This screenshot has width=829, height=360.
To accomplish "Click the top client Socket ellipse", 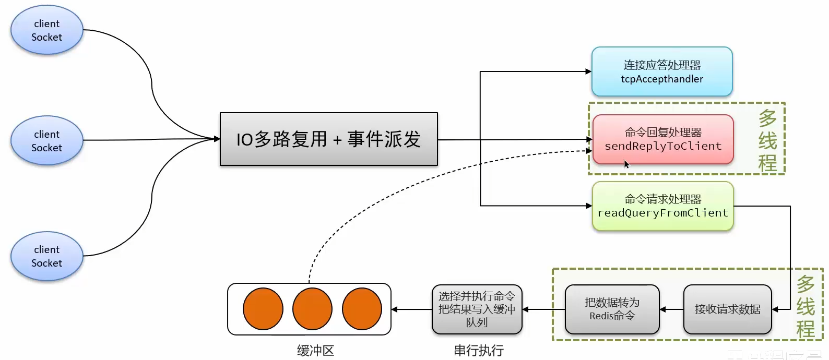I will (47, 30).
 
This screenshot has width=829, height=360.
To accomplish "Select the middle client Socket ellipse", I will (47, 141).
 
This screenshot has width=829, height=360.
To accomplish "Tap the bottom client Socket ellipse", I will (47, 256).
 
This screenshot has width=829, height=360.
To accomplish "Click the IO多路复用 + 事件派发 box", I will (328, 139).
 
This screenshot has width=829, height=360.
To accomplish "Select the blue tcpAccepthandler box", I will (661, 72).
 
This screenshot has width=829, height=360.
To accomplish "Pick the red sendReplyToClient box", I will (662, 139).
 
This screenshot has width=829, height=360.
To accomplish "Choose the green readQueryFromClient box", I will (662, 206).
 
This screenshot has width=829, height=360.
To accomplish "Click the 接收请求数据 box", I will (727, 309).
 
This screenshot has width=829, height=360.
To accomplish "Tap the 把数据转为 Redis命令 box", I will (612, 309).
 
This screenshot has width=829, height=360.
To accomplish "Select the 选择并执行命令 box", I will (477, 309).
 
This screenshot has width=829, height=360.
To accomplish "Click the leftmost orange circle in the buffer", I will (263, 309).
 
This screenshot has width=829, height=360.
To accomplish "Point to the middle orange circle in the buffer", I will (312, 309).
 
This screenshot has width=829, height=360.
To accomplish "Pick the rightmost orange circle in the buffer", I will (362, 309).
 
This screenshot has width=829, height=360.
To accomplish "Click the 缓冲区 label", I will (315, 351).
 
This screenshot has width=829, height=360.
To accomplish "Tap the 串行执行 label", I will (478, 351).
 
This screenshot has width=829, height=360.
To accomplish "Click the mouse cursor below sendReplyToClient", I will (626, 164).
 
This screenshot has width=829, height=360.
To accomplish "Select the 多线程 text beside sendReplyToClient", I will (767, 140).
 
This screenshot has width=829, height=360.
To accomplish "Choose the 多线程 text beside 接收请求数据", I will (806, 307).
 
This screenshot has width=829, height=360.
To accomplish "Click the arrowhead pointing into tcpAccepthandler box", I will (588, 71).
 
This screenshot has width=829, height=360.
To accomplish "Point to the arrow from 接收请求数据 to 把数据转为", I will (671, 309).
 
